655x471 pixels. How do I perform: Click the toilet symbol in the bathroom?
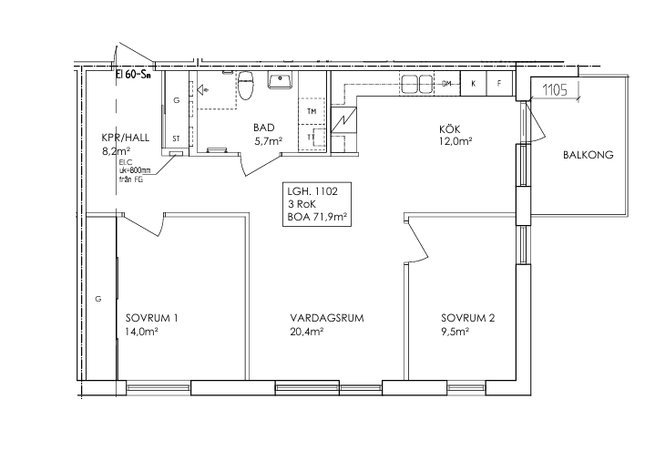(x=246, y=86)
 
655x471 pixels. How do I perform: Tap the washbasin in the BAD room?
(x=281, y=80)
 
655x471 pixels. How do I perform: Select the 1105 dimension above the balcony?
(x=555, y=90)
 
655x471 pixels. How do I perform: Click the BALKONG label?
(x=588, y=155)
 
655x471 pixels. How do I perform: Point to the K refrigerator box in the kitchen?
(x=474, y=84)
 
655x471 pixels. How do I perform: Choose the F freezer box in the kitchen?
(x=499, y=84)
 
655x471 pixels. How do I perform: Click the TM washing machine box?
(x=312, y=111)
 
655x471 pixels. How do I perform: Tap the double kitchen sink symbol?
(x=416, y=84)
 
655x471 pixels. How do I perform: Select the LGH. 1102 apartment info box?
(x=317, y=204)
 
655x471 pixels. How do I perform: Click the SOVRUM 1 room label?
(x=152, y=318)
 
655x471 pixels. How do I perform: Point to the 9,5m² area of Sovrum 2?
(x=455, y=332)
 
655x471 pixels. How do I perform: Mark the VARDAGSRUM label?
(x=327, y=318)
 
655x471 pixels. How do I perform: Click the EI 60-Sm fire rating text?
(x=133, y=76)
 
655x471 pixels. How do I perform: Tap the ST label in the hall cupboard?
(x=176, y=138)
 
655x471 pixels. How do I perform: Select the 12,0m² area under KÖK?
(x=455, y=141)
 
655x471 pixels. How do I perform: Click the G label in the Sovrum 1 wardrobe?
(x=98, y=299)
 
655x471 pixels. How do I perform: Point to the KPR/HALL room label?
(x=126, y=138)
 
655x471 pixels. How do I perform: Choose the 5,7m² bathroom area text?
(x=269, y=141)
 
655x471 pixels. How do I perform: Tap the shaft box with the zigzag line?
(x=343, y=120)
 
